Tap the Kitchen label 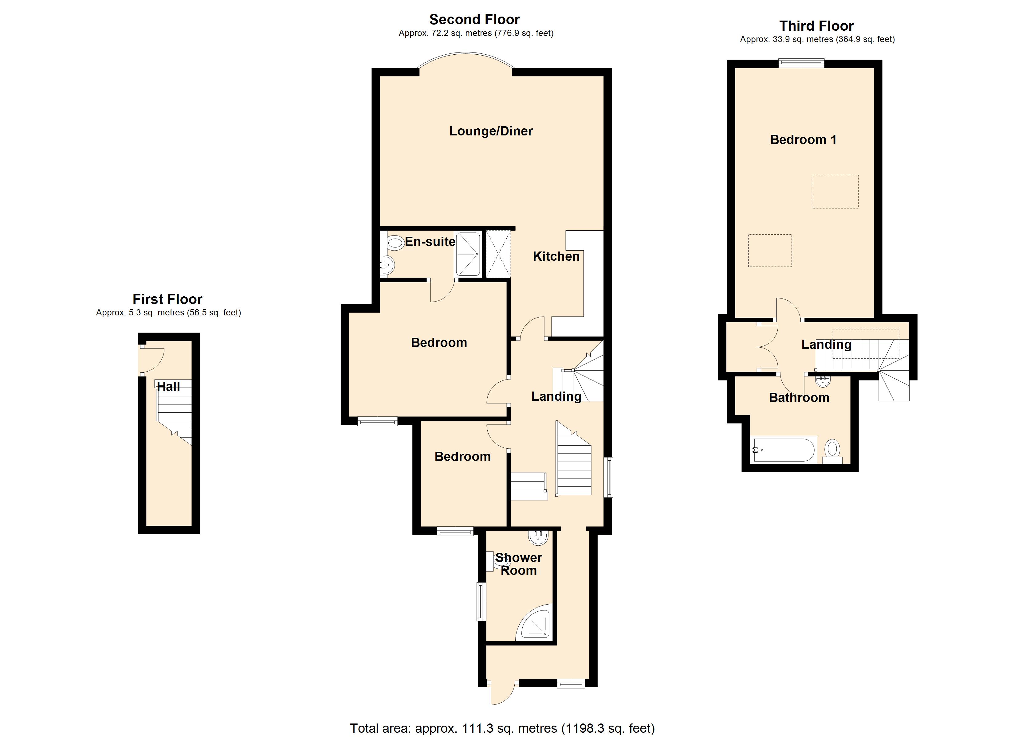(556, 256)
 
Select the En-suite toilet (395, 243)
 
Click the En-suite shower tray (468, 254)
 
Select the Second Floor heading (474, 19)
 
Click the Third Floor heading (816, 25)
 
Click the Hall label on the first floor (169, 387)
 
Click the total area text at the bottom (502, 728)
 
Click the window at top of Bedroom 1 (801, 64)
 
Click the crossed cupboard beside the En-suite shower (498, 254)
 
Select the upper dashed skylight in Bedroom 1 (835, 191)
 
